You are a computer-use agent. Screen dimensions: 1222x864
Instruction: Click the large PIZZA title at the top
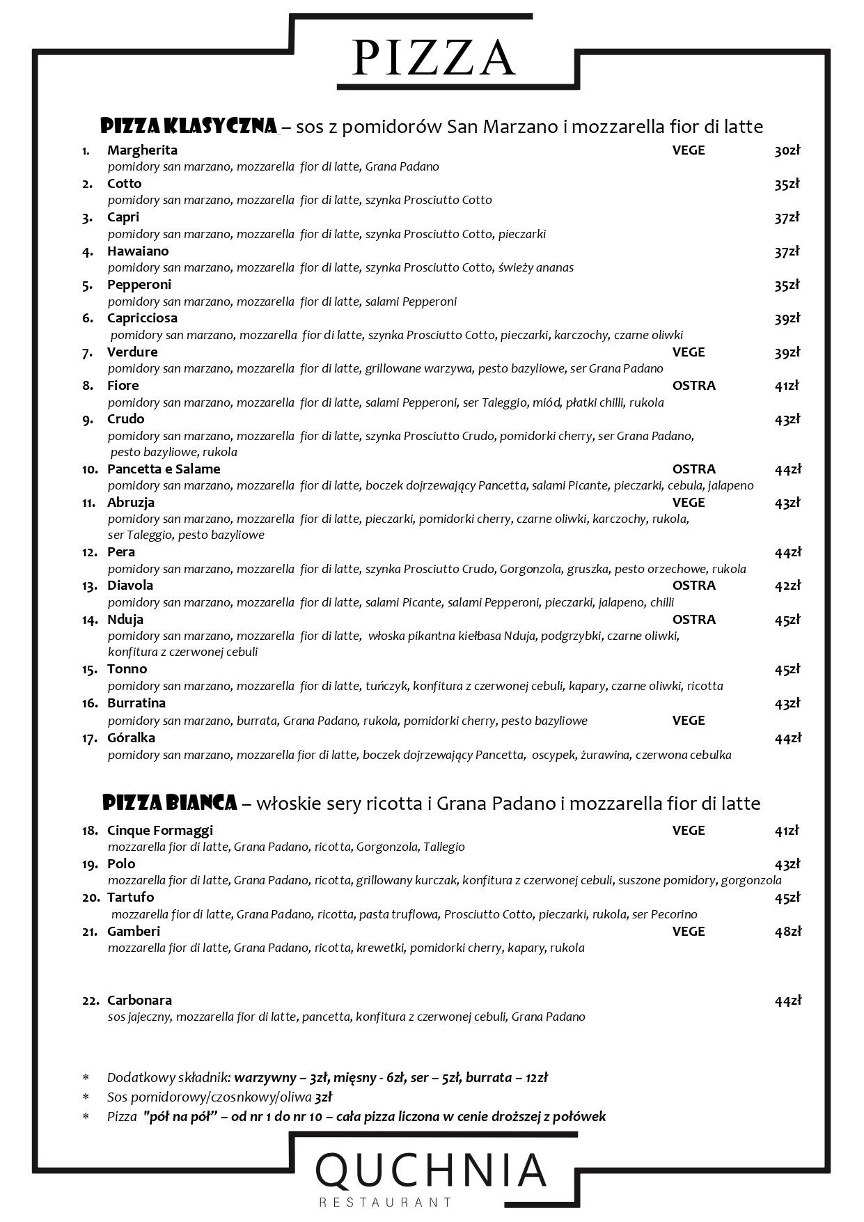434,58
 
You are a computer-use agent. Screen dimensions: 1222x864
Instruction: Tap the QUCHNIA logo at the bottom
432,1170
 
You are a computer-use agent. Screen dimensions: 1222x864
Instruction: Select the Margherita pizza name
142,150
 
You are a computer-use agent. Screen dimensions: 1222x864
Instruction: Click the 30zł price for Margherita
787,150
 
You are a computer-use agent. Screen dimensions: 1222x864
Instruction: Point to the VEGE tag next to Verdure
688,352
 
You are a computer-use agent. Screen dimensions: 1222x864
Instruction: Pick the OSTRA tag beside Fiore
693,385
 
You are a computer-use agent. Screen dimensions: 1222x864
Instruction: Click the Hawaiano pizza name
138,251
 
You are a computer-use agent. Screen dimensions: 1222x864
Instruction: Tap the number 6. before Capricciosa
88,318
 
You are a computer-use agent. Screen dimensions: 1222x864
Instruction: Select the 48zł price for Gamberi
787,931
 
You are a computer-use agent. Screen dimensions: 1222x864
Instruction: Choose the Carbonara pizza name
139,1000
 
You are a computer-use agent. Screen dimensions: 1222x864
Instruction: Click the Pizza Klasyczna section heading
189,126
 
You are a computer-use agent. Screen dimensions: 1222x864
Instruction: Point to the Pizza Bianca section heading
170,803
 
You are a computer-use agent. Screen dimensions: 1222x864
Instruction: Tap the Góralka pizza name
131,737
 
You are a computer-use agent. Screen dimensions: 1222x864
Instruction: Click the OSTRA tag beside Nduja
693,619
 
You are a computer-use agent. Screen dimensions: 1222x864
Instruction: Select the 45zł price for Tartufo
787,898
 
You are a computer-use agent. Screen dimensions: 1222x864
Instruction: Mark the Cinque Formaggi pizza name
160,830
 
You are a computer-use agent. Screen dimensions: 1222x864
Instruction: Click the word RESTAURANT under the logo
385,1202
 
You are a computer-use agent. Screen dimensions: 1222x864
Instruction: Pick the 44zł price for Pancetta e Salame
787,469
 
